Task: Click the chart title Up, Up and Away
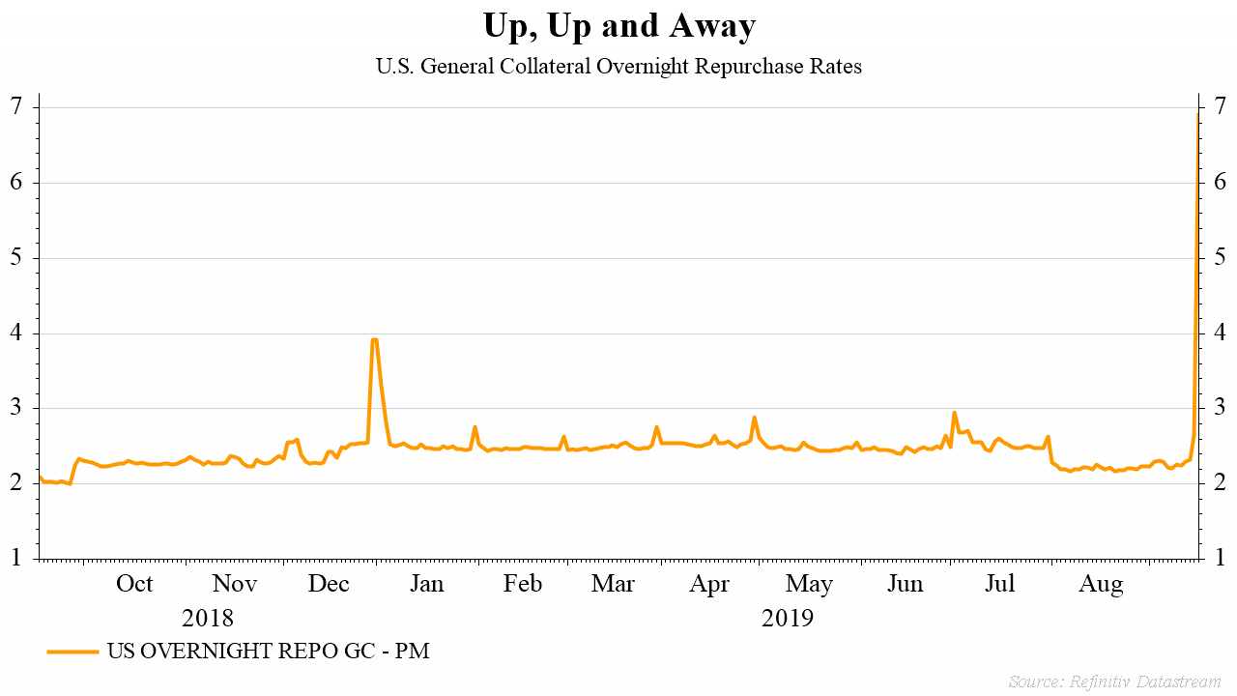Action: coord(618,26)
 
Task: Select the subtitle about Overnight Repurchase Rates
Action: coord(618,67)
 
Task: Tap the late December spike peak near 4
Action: coord(374,340)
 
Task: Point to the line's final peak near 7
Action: coord(1197,114)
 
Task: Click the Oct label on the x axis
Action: coord(134,584)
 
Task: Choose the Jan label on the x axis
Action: coord(426,584)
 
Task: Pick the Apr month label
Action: coord(710,584)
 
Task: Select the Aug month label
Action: coord(1101,584)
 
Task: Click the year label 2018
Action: coord(208,618)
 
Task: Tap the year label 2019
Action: coord(788,618)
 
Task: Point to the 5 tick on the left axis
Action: coord(17,257)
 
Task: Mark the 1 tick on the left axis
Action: coord(17,558)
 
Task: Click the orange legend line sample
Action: coord(72,652)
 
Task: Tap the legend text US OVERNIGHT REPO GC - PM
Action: coord(268,652)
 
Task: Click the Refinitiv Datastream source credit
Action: coord(1114,681)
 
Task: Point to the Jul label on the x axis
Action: coord(1000,584)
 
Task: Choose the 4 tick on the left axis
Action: coord(17,333)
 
